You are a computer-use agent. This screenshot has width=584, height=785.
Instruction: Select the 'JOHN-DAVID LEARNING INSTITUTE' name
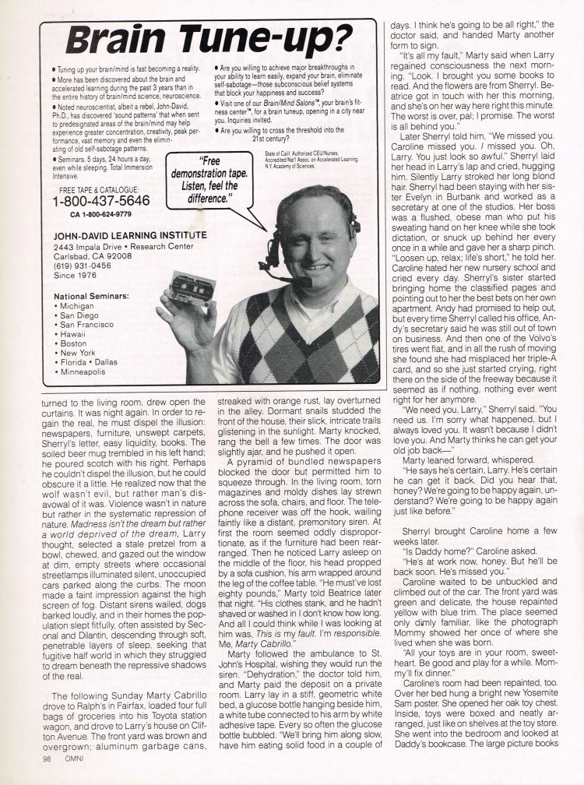(x=129, y=234)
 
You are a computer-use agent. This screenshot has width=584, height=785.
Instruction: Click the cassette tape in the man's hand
(x=192, y=288)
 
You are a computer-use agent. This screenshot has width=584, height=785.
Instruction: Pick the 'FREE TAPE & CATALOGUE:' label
(x=99, y=189)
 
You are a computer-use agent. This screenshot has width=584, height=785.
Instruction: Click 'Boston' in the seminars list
(x=75, y=343)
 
